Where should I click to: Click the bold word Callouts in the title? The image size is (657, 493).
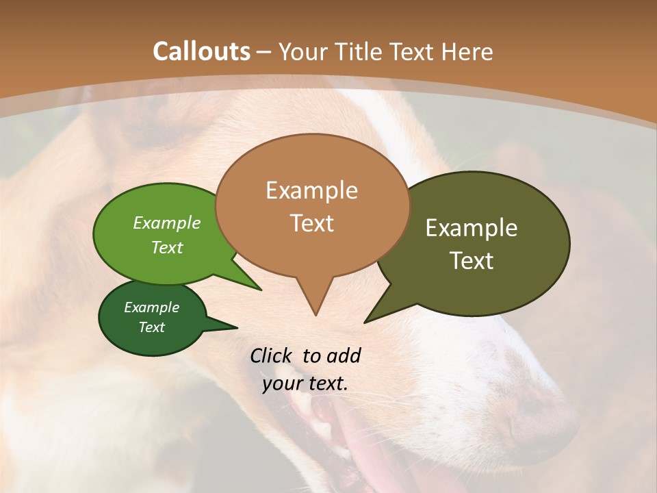tap(201, 51)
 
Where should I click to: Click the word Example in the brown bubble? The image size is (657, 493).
tap(311, 190)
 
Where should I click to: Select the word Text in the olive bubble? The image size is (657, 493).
tap(472, 261)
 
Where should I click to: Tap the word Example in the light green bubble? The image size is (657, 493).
tap(167, 223)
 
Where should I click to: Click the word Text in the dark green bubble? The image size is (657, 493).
tap(152, 327)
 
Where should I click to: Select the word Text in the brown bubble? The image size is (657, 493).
tap(312, 223)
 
